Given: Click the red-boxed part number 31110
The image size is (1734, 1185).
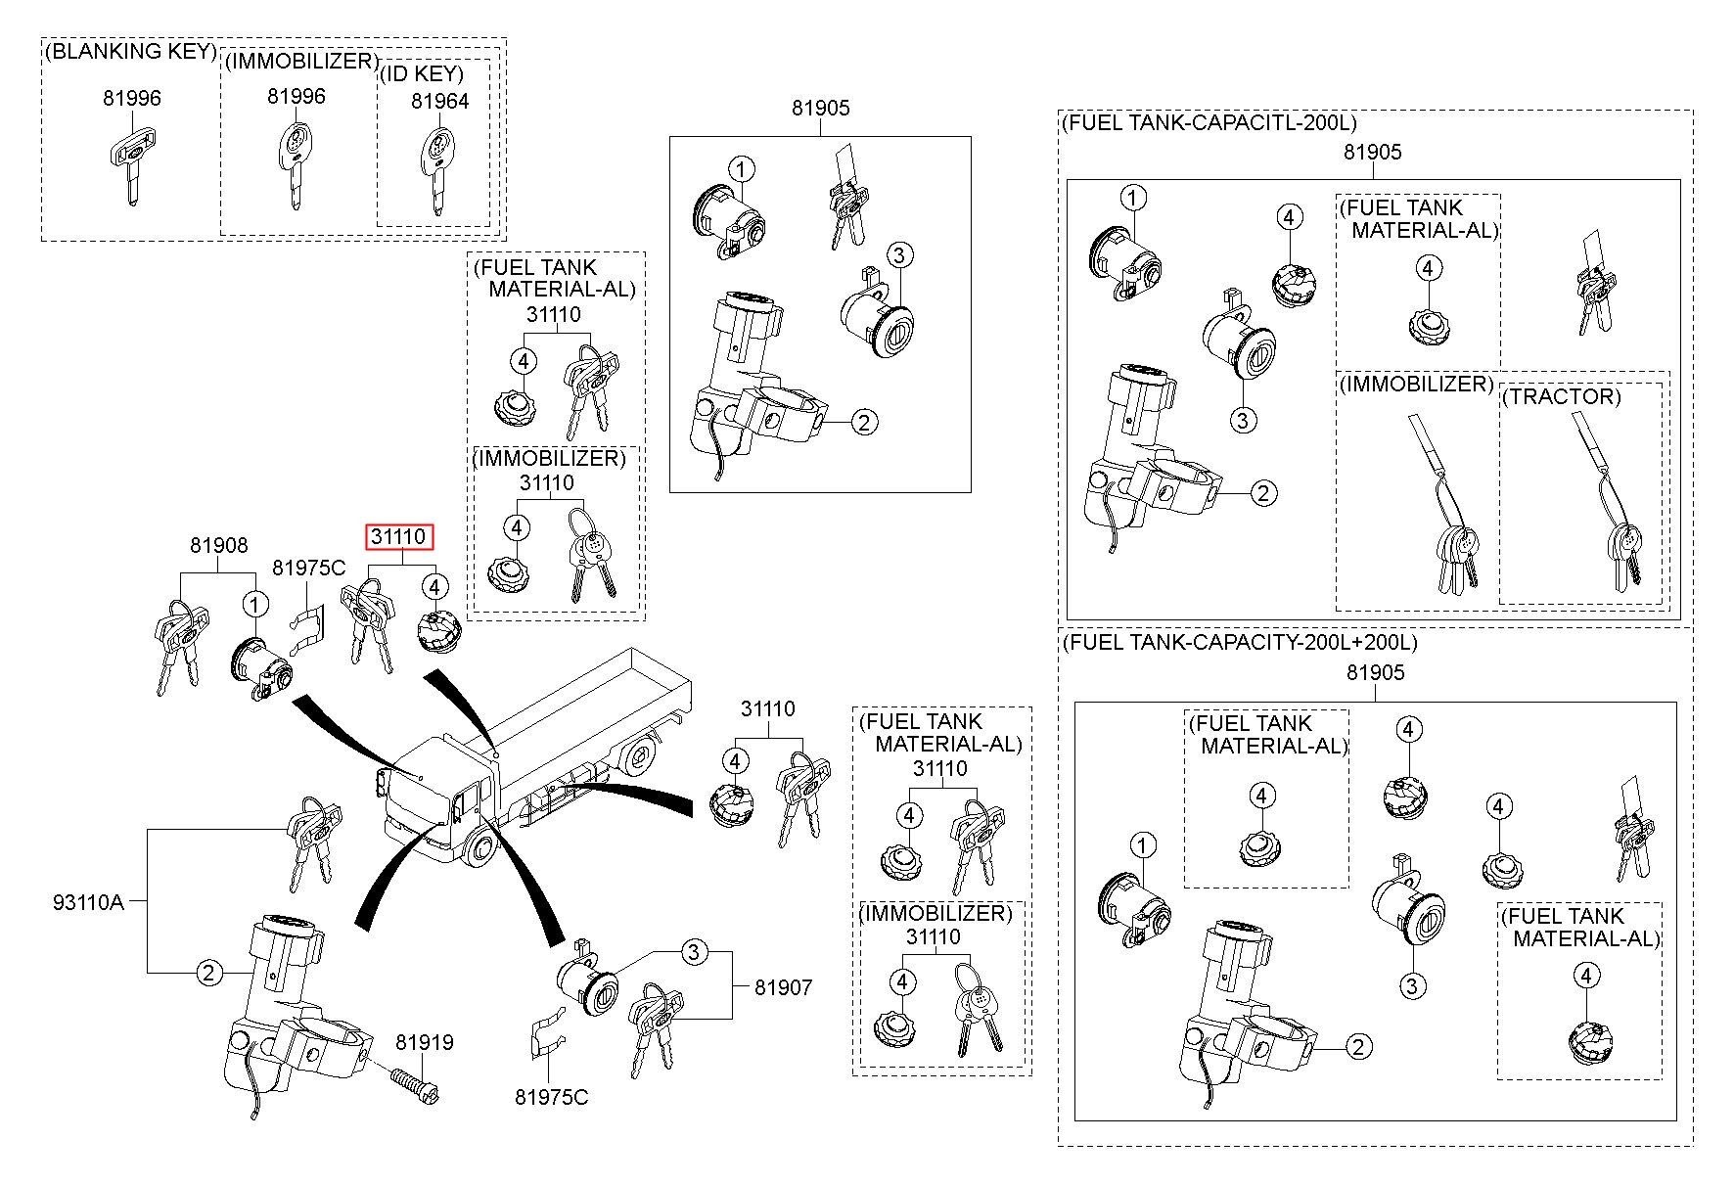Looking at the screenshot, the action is (x=398, y=537).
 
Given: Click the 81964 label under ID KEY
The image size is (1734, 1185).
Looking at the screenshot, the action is (x=439, y=101).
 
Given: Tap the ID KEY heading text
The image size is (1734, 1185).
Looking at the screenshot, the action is (x=422, y=74).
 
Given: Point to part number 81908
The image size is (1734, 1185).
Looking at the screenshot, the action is (x=218, y=546).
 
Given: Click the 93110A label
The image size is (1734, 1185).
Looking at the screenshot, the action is (x=88, y=902).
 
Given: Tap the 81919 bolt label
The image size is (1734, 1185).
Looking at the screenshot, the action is (x=425, y=1043).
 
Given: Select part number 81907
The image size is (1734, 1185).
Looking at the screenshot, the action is (x=783, y=988).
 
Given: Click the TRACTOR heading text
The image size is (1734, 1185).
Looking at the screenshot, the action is (x=1561, y=396).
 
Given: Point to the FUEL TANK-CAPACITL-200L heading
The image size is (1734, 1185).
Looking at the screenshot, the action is (x=1209, y=122).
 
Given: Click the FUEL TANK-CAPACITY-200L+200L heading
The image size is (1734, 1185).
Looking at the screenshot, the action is (x=1239, y=642).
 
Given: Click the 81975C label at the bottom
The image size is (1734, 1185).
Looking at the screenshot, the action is (x=552, y=1098).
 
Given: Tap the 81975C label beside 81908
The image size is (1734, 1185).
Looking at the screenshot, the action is (x=308, y=568).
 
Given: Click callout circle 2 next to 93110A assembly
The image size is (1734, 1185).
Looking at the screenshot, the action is (x=208, y=973).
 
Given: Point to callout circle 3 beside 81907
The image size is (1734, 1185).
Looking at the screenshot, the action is (x=694, y=951).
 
